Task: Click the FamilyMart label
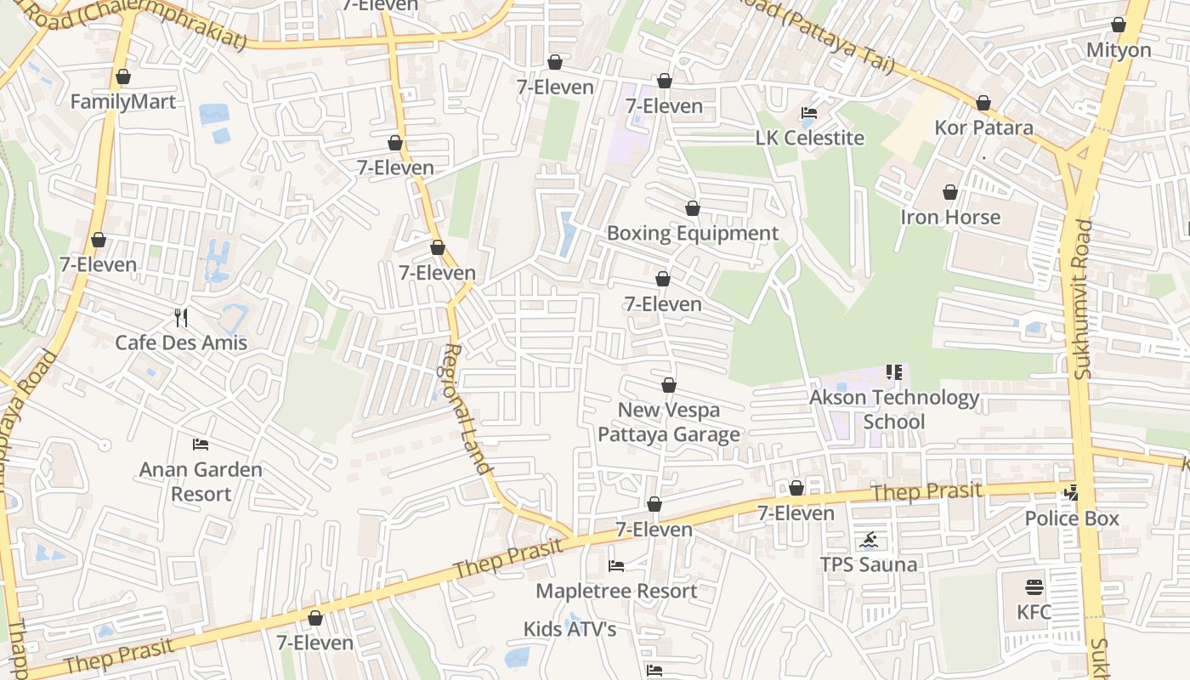point(123,102)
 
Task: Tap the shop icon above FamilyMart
point(123,77)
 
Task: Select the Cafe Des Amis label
point(181,343)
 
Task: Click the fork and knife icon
point(180,318)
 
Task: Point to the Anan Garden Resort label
point(201,481)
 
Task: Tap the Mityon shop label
point(1119,50)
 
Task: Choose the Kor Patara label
point(983,127)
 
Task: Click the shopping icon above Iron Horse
point(950,193)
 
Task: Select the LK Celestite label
point(809,138)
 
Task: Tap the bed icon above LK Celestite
point(809,113)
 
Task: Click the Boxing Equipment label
point(692,233)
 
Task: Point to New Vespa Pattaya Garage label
point(669,422)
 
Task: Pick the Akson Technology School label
point(894,409)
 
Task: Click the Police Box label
point(1071,518)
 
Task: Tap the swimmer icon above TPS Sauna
point(869,540)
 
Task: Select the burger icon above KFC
point(1034,587)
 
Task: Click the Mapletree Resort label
point(616,591)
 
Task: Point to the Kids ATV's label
point(569,629)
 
